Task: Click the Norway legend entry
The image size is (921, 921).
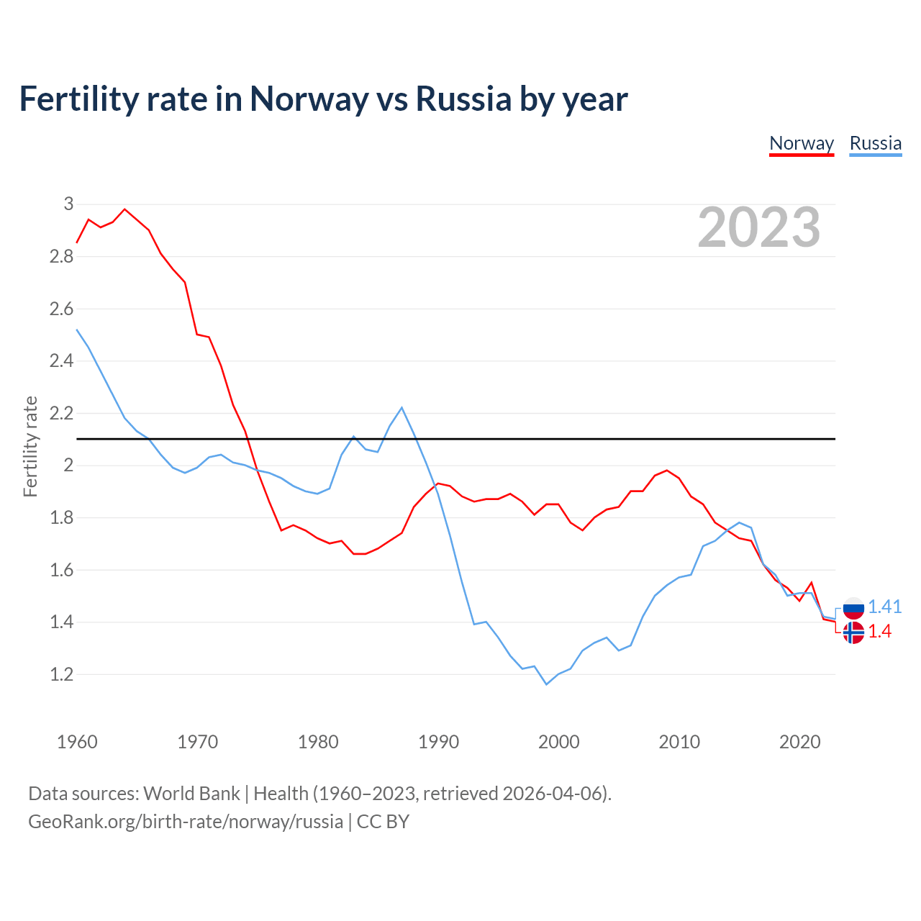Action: [x=802, y=143]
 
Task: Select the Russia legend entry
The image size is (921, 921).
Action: [x=875, y=143]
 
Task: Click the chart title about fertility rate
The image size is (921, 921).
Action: [x=323, y=99]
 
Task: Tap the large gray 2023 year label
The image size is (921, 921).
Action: [x=758, y=227]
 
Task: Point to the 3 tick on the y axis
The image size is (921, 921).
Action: [x=69, y=204]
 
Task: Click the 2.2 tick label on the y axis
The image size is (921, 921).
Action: [x=62, y=413]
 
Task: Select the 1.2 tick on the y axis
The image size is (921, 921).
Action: [x=62, y=674]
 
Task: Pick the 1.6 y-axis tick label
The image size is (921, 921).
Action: [x=62, y=570]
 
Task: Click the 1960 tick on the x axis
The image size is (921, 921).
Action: [x=77, y=742]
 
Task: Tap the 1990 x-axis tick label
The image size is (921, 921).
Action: [x=438, y=742]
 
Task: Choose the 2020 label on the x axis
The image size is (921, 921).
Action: [x=799, y=742]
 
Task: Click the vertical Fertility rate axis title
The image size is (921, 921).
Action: [x=30, y=446]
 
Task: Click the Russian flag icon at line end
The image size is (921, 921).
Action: [x=853, y=608]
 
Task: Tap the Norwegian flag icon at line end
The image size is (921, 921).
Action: [x=853, y=632]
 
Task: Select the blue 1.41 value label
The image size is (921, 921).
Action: [x=884, y=607]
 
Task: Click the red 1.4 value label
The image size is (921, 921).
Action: [x=879, y=631]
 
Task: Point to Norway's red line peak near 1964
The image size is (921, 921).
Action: [x=125, y=209]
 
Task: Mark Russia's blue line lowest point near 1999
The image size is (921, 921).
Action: [x=546, y=684]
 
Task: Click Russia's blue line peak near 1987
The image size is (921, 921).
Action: [x=401, y=408]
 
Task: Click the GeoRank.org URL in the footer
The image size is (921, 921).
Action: [x=186, y=822]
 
